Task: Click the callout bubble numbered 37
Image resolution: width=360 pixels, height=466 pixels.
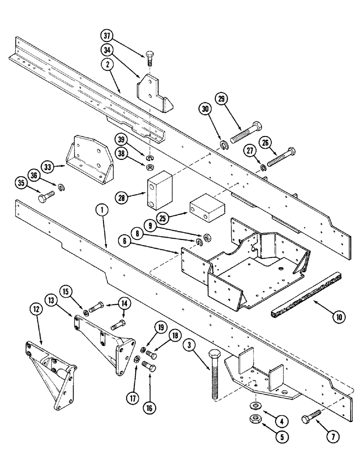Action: (107, 37)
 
